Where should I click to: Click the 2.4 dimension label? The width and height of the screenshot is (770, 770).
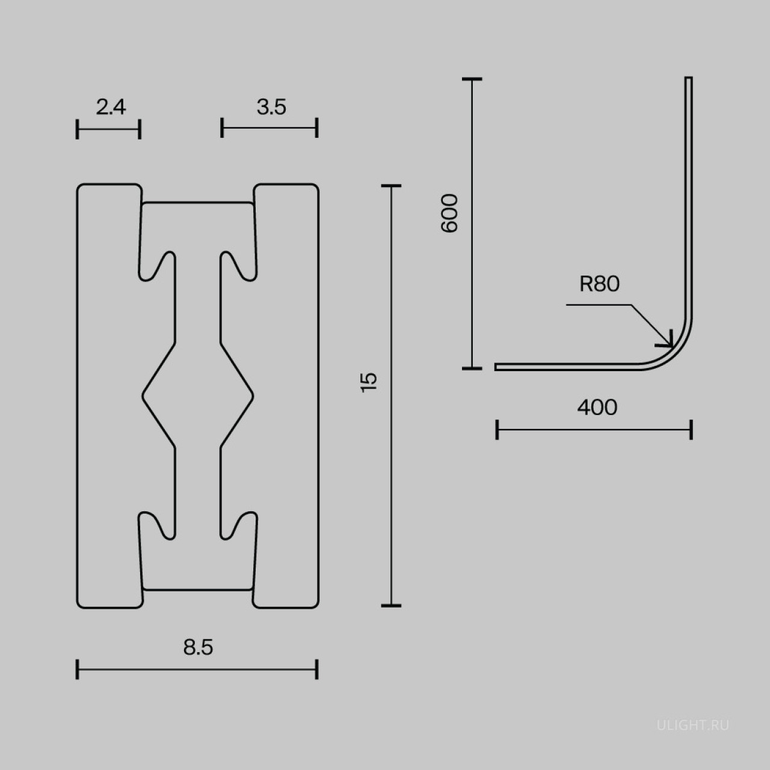click(111, 107)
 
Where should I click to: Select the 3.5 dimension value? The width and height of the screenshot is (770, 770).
click(271, 107)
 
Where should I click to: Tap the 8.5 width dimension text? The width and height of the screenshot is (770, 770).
click(198, 647)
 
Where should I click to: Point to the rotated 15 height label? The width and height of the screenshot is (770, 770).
click(369, 382)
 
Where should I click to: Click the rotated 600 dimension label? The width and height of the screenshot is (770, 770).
click(450, 213)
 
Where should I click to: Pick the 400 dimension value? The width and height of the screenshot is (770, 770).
click(597, 407)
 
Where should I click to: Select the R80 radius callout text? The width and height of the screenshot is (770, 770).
click(599, 283)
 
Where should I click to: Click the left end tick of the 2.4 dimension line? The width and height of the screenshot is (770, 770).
click(78, 129)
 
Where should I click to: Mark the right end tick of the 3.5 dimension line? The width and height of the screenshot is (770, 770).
click(317, 128)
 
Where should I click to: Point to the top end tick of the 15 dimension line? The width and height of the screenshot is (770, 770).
click(391, 186)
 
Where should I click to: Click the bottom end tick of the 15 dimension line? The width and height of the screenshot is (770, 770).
click(391, 605)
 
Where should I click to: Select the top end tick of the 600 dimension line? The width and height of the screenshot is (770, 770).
click(472, 79)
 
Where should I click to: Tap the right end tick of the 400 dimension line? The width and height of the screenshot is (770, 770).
click(692, 430)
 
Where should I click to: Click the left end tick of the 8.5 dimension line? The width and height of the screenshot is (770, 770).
click(78, 669)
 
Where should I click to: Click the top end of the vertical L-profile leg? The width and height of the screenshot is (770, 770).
click(689, 78)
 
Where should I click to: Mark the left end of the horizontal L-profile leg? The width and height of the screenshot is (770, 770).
click(497, 367)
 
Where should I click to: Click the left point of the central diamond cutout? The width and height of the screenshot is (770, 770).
click(143, 395)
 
